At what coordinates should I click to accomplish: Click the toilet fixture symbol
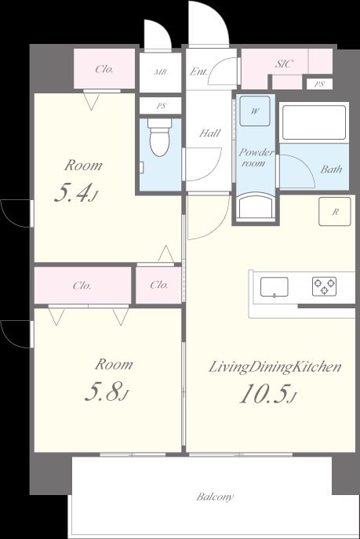click(x=159, y=137)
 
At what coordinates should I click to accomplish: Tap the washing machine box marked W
click(x=255, y=111)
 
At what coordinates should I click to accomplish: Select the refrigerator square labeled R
click(x=335, y=211)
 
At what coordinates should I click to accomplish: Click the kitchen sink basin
click(x=275, y=286)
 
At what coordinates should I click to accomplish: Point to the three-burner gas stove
click(x=324, y=286)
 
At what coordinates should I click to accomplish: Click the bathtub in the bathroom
click(x=314, y=122)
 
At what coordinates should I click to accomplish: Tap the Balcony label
click(x=215, y=497)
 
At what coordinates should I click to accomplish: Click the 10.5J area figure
click(x=268, y=394)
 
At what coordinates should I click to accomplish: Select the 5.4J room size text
click(x=76, y=193)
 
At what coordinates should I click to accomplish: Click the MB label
click(x=160, y=72)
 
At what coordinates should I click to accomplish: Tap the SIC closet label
click(x=284, y=64)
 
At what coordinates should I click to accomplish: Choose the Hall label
click(x=210, y=133)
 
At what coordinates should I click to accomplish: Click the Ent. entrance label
click(x=199, y=71)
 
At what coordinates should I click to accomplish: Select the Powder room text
click(x=256, y=158)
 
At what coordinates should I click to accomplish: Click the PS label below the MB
click(x=161, y=106)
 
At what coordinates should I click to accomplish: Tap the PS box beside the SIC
click(x=319, y=84)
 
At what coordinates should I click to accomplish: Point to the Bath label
click(x=331, y=169)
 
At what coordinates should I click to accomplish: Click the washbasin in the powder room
click(x=256, y=206)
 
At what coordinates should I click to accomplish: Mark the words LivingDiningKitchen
click(x=275, y=367)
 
